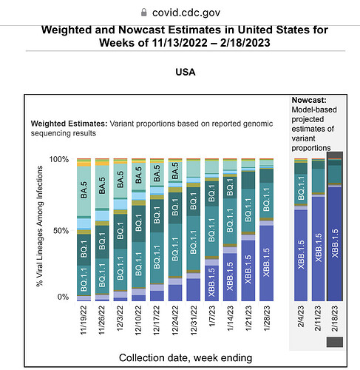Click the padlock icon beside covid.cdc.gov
pos(144,12)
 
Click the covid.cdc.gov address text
pos(186,13)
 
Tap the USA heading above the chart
pos(186,72)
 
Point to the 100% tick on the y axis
pos(59,159)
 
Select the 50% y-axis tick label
pos(61,231)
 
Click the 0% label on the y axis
pos(63,297)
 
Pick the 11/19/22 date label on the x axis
pos(84,320)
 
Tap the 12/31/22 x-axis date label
pos(194,320)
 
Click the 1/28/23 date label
pos(266,318)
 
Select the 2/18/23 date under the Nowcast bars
pos(335,318)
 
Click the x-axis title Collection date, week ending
pos(186,357)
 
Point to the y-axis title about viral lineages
pos(40,226)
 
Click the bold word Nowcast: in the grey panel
pos(309,100)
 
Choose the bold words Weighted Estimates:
pos(69,124)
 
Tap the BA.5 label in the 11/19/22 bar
pos(84,190)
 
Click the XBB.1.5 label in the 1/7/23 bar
pos(211,283)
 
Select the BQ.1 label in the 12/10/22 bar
pos(139,223)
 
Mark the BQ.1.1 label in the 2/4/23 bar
pos(301,188)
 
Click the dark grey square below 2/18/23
pos(335,342)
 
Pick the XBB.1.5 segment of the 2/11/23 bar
pos(319,249)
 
